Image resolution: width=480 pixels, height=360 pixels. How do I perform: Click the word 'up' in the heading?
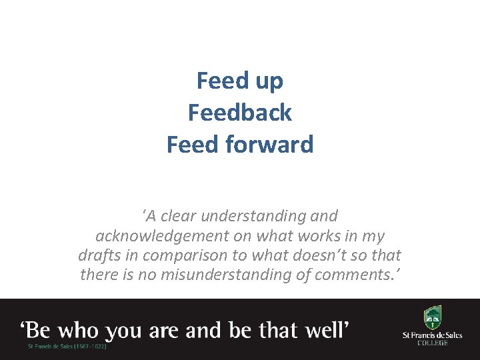click(268, 81)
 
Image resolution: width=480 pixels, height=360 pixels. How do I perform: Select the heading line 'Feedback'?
click(240, 113)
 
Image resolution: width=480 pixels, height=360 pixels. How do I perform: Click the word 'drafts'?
click(99, 255)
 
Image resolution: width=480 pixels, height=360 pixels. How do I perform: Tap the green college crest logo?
click(433, 317)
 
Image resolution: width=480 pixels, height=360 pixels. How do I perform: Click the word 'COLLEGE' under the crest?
click(433, 343)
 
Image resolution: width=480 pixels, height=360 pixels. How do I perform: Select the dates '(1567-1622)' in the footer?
click(89, 346)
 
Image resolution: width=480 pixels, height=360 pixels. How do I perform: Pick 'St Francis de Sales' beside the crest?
click(433, 335)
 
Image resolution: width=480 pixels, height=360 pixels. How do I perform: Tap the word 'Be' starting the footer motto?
click(41, 329)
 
